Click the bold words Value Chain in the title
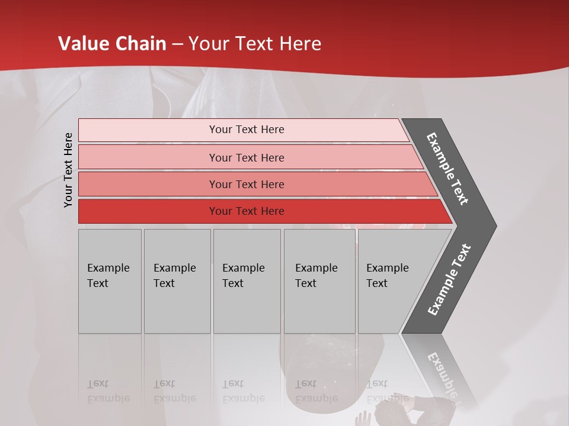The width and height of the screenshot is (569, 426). [x=113, y=44]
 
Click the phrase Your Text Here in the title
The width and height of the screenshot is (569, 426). [x=255, y=44]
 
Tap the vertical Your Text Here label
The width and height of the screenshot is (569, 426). [x=68, y=170]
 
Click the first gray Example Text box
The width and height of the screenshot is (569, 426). [x=110, y=281]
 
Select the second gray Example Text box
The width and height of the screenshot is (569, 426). [x=177, y=281]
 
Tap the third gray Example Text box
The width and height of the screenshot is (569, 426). [x=247, y=281]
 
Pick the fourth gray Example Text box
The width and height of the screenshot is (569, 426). [x=319, y=281]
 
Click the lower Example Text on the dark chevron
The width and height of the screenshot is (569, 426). [x=449, y=280]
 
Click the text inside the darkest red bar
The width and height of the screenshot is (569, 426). [x=247, y=211]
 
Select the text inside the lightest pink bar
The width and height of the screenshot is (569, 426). [x=247, y=130]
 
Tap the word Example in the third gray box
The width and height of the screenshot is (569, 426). [x=243, y=268]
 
